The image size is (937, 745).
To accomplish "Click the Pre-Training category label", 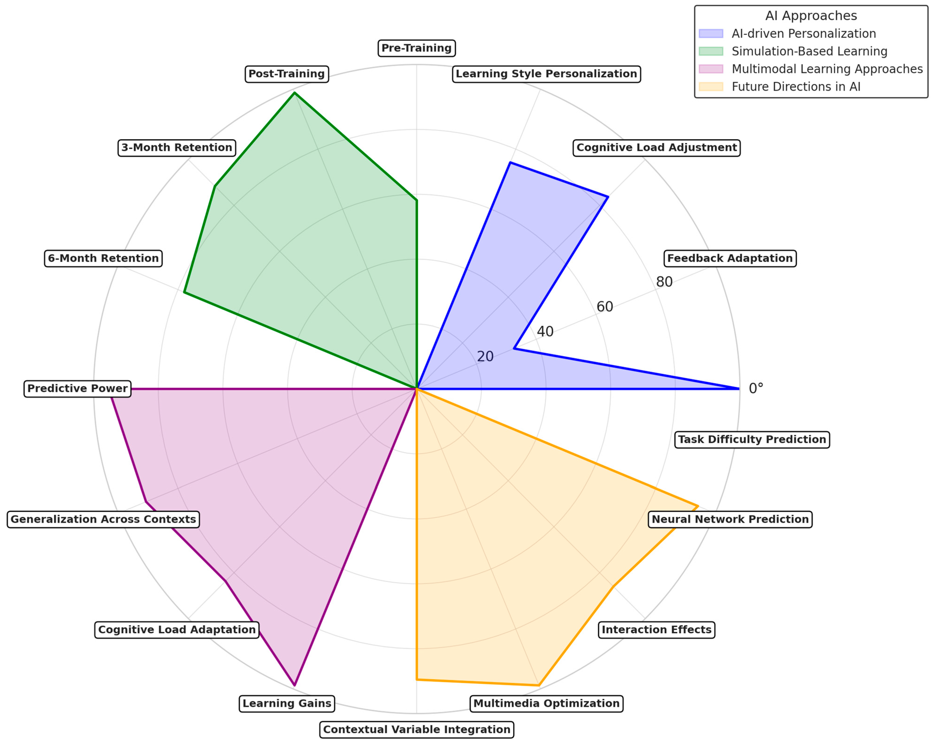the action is (x=416, y=48).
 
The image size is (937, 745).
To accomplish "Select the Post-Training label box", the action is (x=286, y=74).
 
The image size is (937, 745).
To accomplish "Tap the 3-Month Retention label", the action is (x=176, y=148).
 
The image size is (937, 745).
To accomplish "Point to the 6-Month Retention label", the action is (x=103, y=258).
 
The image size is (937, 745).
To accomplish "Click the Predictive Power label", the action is (x=77, y=388).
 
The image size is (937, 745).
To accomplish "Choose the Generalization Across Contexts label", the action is (x=103, y=519).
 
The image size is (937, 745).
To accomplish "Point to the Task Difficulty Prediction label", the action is (x=752, y=439).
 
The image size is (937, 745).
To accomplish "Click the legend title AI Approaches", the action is (x=811, y=16).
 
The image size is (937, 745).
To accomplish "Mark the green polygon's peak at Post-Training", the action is (x=295, y=93).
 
